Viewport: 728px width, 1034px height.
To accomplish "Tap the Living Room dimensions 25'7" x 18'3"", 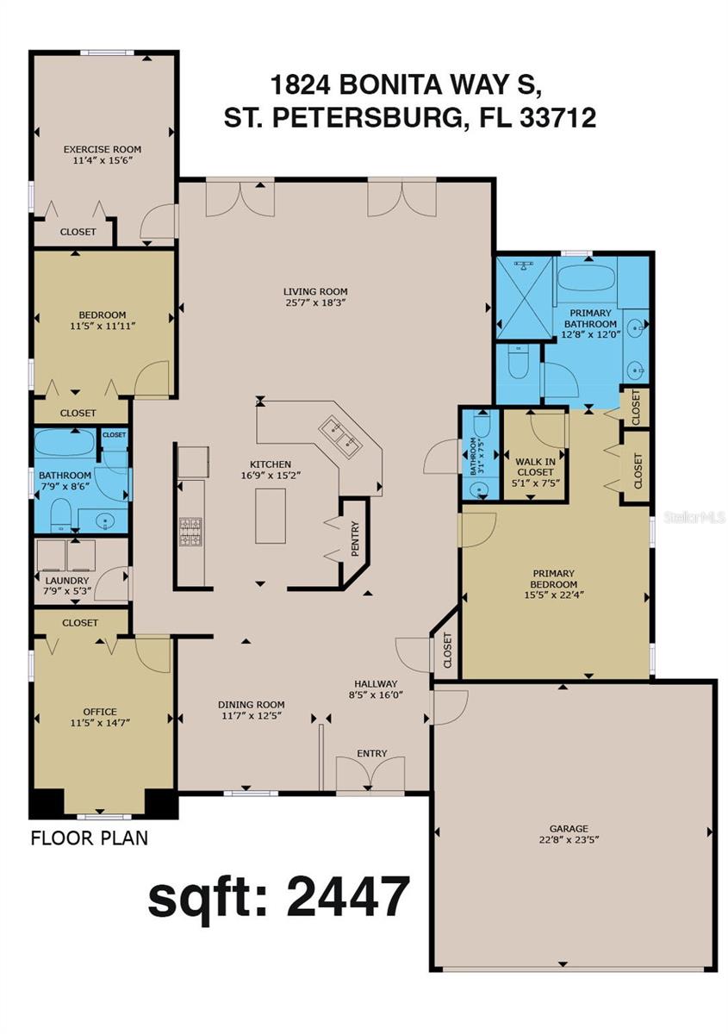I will click(316, 302).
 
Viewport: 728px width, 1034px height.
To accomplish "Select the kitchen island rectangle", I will click(270, 515).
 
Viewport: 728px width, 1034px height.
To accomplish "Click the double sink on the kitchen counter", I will click(339, 435).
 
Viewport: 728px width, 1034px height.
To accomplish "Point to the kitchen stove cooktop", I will click(190, 526).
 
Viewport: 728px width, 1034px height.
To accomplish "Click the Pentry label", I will click(354, 539).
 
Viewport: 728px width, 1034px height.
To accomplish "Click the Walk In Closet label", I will click(534, 467).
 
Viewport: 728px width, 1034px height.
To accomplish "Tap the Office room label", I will click(99, 712).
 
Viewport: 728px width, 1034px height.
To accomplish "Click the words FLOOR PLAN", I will click(89, 837).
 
